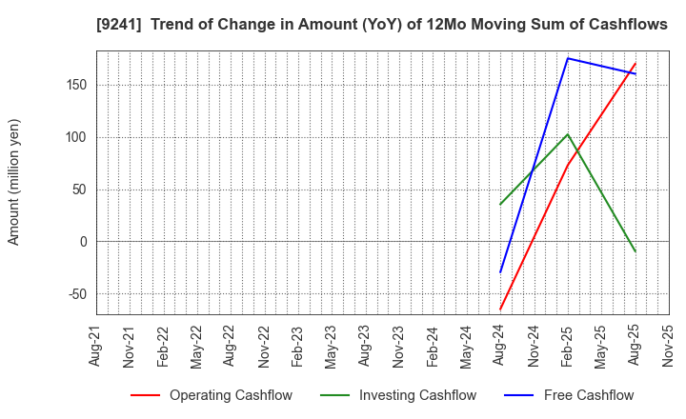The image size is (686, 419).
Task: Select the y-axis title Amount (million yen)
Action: [13, 182]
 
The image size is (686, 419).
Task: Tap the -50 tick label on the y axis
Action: [75, 294]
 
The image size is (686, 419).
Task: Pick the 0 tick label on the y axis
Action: [83, 242]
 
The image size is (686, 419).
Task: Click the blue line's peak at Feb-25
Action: [568, 58]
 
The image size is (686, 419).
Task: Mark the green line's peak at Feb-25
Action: [568, 134]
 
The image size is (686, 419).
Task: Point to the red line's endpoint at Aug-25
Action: [636, 64]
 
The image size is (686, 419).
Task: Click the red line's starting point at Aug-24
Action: [500, 309]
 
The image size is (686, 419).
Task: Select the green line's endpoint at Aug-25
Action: [636, 252]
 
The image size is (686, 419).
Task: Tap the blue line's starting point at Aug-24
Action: [500, 273]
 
